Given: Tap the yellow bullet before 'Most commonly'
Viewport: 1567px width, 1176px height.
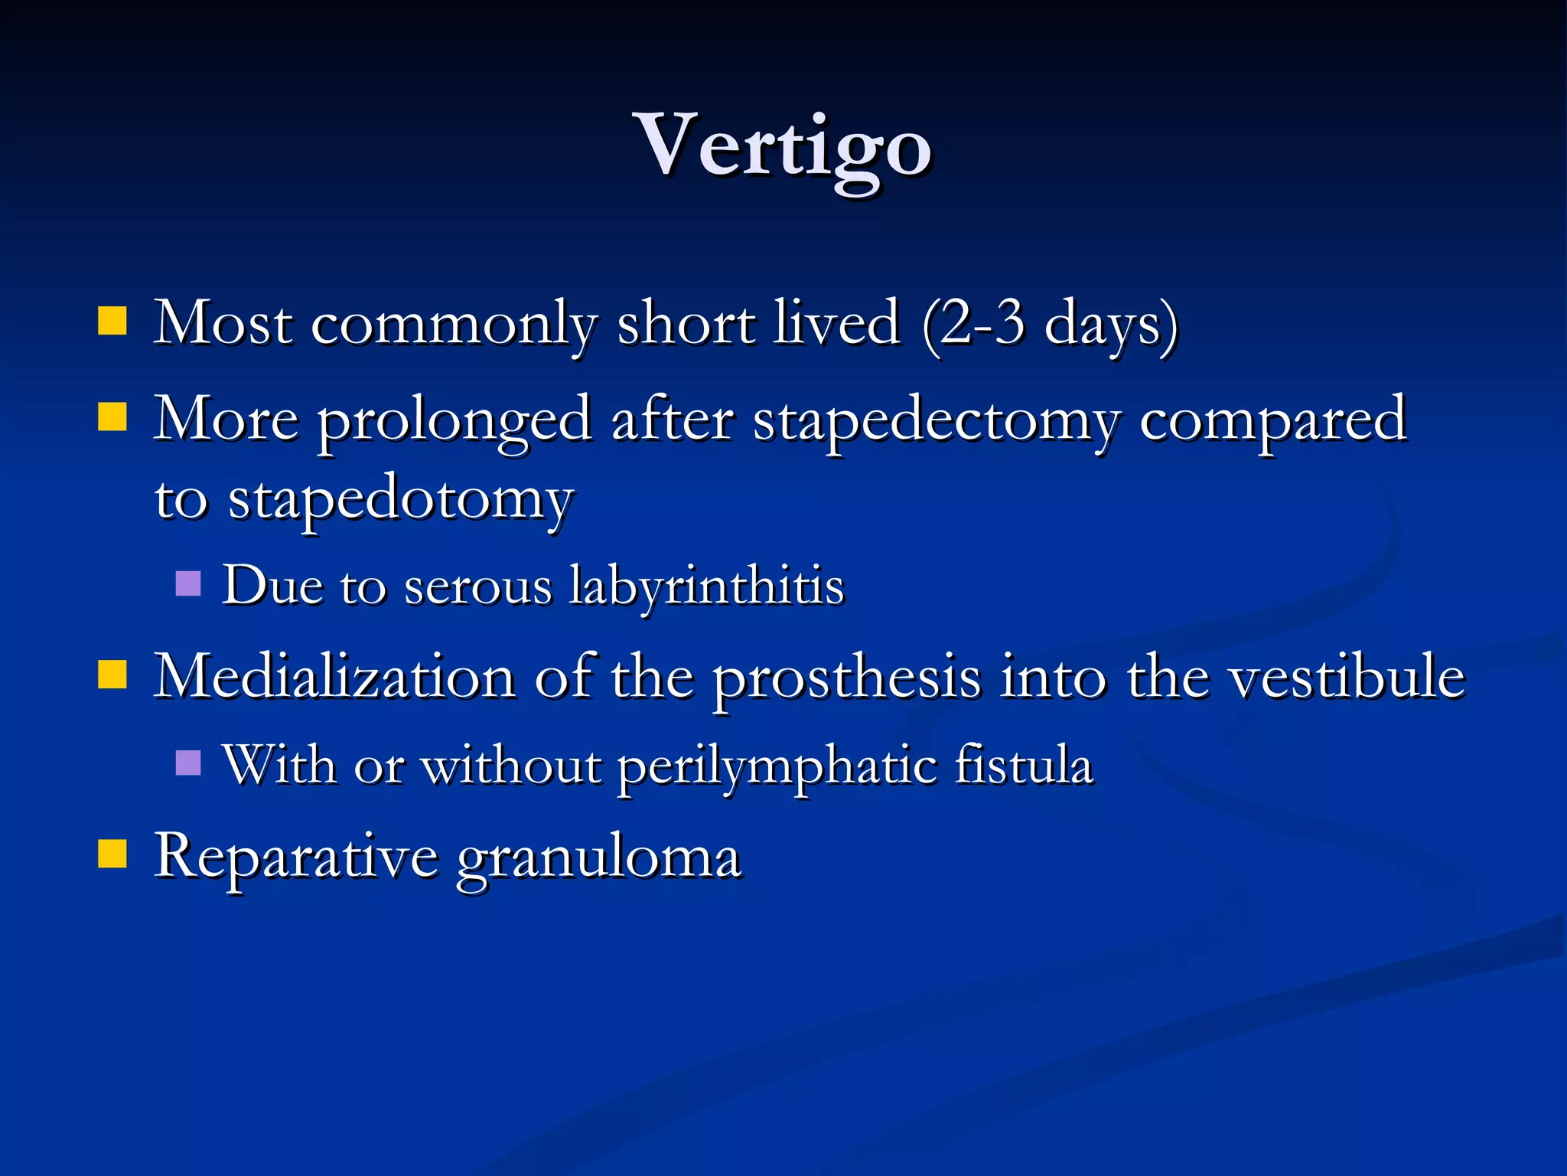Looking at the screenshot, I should [x=112, y=322].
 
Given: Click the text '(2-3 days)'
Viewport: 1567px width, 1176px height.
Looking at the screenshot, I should [x=1050, y=325].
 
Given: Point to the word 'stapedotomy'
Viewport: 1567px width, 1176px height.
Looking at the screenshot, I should [x=401, y=501].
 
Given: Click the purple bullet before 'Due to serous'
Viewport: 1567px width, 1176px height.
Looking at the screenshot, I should [x=187, y=584].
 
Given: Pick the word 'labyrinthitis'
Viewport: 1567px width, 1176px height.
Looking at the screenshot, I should [x=706, y=586].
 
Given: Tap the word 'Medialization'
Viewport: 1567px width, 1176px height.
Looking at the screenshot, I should [x=334, y=677].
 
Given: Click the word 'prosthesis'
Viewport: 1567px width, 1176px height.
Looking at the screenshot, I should [x=847, y=678].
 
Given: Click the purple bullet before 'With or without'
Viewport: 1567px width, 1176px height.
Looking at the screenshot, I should [x=187, y=763].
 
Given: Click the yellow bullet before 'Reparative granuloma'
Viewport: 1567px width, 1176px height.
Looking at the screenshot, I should [x=112, y=854].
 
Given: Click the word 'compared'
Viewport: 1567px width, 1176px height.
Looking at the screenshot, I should [x=1272, y=421].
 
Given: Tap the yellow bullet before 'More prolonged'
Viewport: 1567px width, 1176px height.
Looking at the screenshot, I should [x=112, y=418].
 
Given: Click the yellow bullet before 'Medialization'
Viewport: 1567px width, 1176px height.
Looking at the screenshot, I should [x=112, y=675].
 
